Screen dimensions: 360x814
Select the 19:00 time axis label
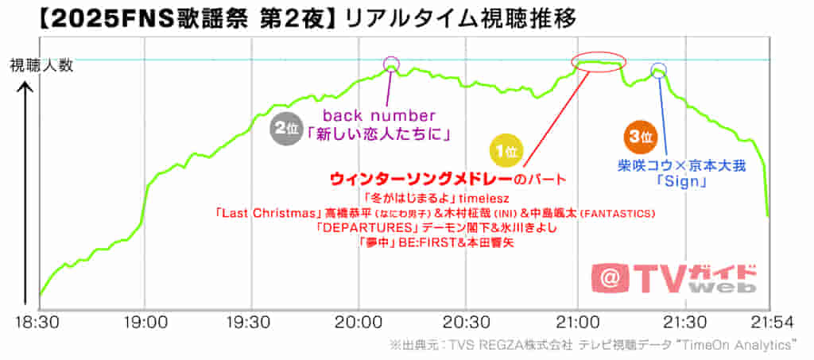pyautogui.click(x=145, y=324)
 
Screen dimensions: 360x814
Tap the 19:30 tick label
pyautogui.click(x=251, y=324)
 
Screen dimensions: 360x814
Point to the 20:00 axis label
pyautogui.click(x=359, y=324)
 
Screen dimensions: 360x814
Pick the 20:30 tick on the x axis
pyautogui.click(x=467, y=324)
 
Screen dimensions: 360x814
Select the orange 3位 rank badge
pyautogui.click(x=639, y=137)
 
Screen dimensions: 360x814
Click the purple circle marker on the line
pyautogui.click(x=390, y=65)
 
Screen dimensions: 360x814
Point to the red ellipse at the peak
pyautogui.click(x=599, y=63)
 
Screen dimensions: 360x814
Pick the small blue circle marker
pyautogui.click(x=658, y=70)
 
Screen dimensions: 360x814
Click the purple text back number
pyautogui.click(x=379, y=116)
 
